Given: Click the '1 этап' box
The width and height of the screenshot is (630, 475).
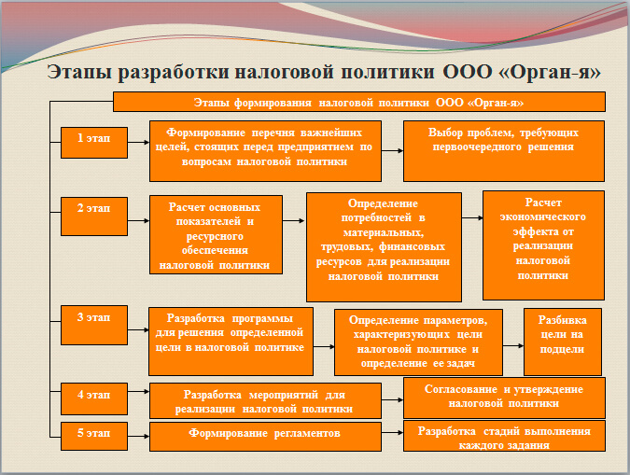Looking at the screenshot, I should (93, 139).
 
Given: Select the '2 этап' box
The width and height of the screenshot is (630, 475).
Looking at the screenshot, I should (93, 209).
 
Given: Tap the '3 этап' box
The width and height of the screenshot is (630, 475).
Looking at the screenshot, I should (93, 318).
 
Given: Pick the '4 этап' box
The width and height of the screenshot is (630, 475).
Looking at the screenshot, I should (93, 396).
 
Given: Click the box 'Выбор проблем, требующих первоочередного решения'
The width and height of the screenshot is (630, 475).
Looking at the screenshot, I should (503, 149).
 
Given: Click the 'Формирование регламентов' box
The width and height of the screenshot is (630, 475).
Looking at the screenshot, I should (264, 434).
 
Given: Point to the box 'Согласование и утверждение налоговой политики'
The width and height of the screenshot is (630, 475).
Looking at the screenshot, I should (504, 397).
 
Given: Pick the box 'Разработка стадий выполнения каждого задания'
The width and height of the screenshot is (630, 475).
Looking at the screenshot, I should (504, 437).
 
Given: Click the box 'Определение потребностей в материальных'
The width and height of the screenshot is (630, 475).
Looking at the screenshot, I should (384, 245).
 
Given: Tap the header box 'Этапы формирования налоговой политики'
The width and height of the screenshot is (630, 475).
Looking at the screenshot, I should (359, 101).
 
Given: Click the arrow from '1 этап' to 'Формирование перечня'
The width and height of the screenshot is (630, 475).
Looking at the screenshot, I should (137, 143).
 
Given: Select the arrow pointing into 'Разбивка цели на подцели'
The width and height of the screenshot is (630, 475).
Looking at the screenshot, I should (512, 342).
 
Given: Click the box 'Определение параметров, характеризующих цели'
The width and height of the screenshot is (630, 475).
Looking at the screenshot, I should (416, 341).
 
